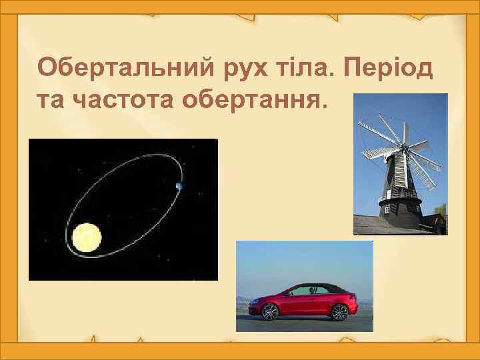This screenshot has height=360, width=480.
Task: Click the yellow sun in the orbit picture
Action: [x=87, y=237]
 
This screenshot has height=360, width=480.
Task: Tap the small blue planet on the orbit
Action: [x=179, y=187]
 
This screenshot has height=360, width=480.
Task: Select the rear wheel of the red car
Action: [x=340, y=311]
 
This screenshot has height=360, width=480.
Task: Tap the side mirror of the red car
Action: [x=287, y=294]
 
